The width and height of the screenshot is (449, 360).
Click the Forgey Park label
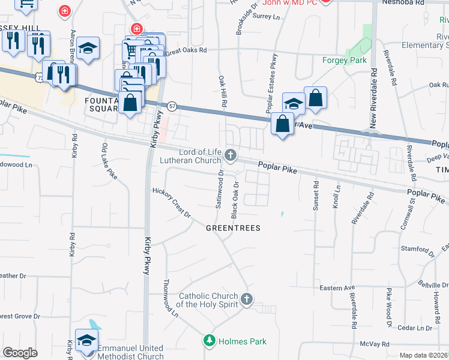coord(344,60)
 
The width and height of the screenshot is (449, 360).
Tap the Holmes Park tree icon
coord(209,341)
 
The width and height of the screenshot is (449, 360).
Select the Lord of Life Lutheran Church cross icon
coord(230,157)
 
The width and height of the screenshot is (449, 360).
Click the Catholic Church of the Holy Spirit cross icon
coord(246,299)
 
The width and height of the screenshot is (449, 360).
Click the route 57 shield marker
coord(172,106)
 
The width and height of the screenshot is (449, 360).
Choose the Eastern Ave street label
coord(337,288)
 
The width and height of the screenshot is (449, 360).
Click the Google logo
coord(20,353)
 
